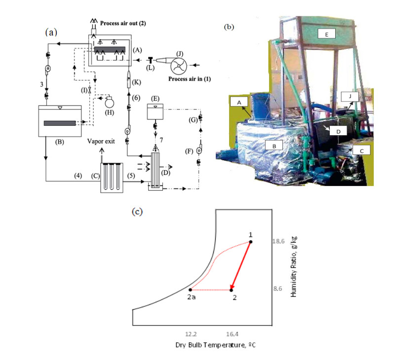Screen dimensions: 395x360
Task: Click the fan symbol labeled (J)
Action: click(x=179, y=66)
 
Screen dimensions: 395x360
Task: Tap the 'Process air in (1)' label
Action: click(x=190, y=79)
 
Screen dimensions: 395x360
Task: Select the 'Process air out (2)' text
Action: click(x=123, y=23)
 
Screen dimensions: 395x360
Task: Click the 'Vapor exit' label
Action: click(x=101, y=142)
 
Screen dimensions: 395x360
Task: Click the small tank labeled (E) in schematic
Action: click(x=155, y=111)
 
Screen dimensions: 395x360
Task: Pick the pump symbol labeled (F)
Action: click(x=199, y=150)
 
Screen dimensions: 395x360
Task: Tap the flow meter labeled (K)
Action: click(x=129, y=79)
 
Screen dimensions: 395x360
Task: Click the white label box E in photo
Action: click(x=326, y=34)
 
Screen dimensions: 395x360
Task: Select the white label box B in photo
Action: click(x=274, y=145)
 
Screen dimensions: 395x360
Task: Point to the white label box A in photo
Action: click(x=239, y=102)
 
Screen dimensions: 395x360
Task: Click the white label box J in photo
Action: click(x=350, y=97)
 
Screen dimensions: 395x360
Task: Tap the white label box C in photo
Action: click(x=361, y=150)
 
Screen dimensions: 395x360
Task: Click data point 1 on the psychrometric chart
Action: click(x=251, y=242)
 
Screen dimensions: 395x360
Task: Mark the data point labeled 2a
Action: click(x=191, y=290)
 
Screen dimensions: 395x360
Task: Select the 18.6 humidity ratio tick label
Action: click(x=278, y=241)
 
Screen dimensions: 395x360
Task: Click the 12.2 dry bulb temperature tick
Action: click(x=191, y=334)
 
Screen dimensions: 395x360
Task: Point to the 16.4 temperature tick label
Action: click(x=232, y=334)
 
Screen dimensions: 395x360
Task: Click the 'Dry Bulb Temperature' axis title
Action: click(x=215, y=345)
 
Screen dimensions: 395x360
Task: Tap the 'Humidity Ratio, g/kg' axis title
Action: click(x=294, y=267)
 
